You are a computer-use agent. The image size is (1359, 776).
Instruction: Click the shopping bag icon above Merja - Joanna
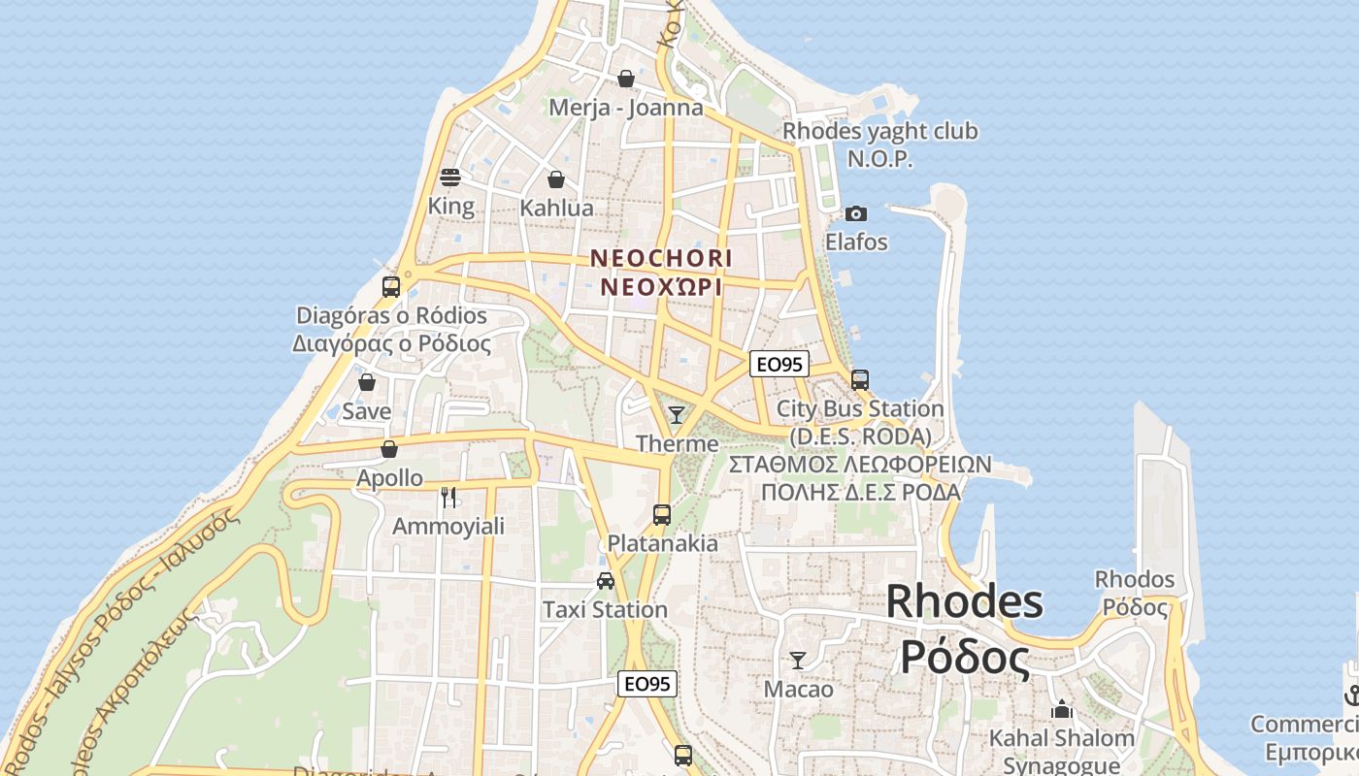pyautogui.click(x=626, y=79)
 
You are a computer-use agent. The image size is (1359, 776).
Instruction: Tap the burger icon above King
pyautogui.click(x=450, y=178)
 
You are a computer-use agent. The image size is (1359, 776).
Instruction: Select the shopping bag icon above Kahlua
pyautogui.click(x=556, y=179)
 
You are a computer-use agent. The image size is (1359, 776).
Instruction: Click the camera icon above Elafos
pyautogui.click(x=856, y=213)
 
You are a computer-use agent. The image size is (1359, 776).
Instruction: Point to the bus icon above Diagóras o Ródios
pyautogui.click(x=391, y=287)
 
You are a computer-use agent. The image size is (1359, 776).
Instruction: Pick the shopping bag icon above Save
pyautogui.click(x=367, y=383)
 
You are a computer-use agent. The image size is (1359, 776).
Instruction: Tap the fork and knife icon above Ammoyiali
pyautogui.click(x=448, y=498)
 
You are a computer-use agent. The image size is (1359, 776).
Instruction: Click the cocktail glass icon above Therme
pyautogui.click(x=677, y=415)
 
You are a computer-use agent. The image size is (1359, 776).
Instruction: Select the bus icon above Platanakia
pyautogui.click(x=662, y=515)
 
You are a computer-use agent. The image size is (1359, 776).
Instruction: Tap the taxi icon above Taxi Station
pyautogui.click(x=606, y=581)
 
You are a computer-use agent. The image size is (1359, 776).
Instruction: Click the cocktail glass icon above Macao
pyautogui.click(x=798, y=661)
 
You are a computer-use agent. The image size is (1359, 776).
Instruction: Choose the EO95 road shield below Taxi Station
pyautogui.click(x=647, y=684)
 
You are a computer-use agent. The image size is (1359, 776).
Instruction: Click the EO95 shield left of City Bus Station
pyautogui.click(x=779, y=365)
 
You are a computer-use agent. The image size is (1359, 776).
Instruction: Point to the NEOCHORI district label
pyautogui.click(x=661, y=258)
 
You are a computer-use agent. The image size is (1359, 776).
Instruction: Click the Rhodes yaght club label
pyautogui.click(x=880, y=131)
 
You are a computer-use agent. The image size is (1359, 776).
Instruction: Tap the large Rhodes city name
pyautogui.click(x=965, y=601)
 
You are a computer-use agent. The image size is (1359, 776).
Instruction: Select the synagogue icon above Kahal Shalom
pyautogui.click(x=1062, y=710)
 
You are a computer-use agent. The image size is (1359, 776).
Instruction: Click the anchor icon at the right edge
pyautogui.click(x=1351, y=695)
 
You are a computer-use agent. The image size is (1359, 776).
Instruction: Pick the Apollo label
pyautogui.click(x=389, y=478)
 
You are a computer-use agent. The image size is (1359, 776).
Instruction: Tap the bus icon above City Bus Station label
pyautogui.click(x=860, y=379)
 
